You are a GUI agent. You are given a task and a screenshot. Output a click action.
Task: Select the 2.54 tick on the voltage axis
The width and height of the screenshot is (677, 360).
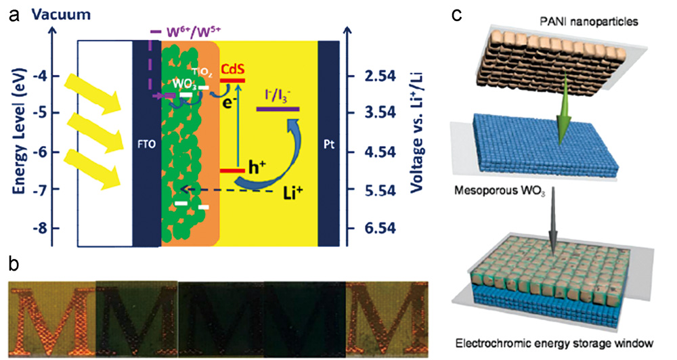pos(371,76)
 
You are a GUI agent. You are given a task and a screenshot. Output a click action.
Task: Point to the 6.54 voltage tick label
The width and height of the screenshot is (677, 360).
pos(371,229)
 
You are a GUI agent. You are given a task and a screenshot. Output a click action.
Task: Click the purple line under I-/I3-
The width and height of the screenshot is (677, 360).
pos(278,109)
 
